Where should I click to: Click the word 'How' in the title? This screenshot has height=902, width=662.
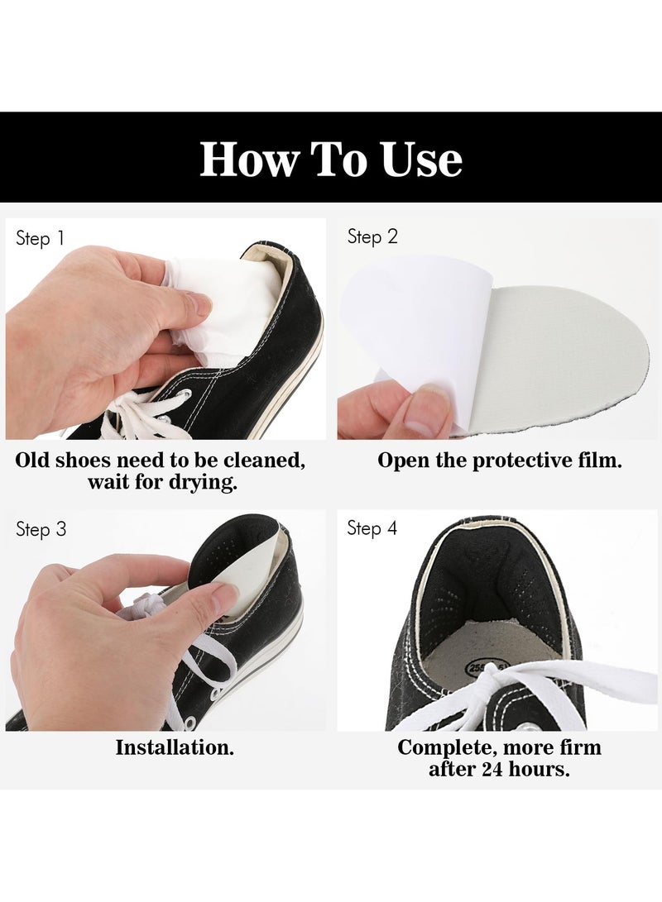[x=247, y=159]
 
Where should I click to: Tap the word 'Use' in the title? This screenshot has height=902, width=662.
[x=421, y=159]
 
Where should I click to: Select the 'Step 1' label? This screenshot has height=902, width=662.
[x=40, y=239]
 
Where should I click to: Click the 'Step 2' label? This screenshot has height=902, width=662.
[x=372, y=237]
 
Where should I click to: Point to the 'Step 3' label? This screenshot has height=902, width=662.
[x=41, y=529]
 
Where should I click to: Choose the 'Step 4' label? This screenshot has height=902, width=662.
[x=372, y=527]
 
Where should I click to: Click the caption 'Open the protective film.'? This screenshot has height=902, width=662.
[x=499, y=461]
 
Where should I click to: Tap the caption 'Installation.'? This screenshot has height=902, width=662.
[x=175, y=747]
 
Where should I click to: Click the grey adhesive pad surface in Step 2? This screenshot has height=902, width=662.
[x=571, y=356]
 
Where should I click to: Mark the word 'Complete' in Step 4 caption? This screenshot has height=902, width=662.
[x=445, y=747]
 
